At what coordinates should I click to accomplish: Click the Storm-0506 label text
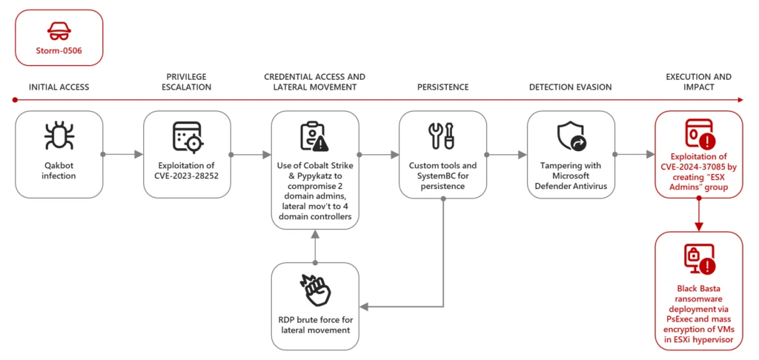(x=59, y=51)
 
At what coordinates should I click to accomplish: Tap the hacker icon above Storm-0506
(x=59, y=30)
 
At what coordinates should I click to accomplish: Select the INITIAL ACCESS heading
(x=59, y=87)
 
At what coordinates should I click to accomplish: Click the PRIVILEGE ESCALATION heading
(x=188, y=81)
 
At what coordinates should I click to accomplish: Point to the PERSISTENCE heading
(x=443, y=87)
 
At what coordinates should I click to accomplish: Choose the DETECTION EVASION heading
(x=570, y=87)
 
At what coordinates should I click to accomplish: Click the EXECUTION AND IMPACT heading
(x=698, y=81)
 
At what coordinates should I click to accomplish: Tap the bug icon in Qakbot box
(x=59, y=136)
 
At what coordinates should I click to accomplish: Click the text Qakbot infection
(x=59, y=171)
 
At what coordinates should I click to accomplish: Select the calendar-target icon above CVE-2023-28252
(x=187, y=136)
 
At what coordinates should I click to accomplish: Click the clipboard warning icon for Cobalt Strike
(x=314, y=136)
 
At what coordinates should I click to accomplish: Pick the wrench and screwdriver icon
(x=443, y=136)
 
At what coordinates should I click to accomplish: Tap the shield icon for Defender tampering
(x=570, y=136)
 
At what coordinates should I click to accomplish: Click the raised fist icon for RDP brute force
(x=314, y=290)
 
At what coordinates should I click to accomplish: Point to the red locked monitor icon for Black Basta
(x=698, y=260)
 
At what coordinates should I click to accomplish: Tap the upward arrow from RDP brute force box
(x=314, y=248)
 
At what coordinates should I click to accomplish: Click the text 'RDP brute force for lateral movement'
(x=314, y=324)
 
